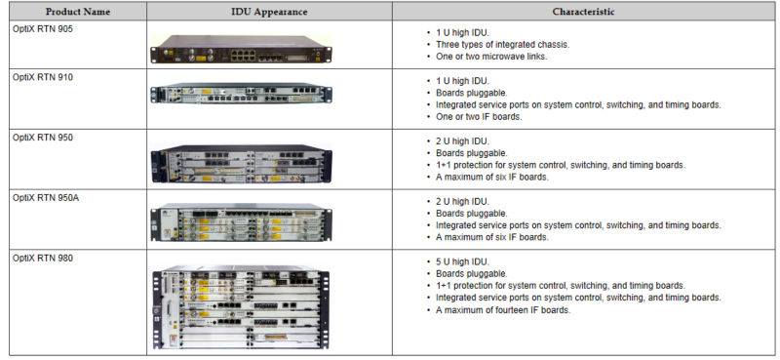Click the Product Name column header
tap(77, 12)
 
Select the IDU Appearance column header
tap(269, 12)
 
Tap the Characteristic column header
tap(583, 12)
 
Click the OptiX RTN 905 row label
tap(42, 29)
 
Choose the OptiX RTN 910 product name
tap(42, 77)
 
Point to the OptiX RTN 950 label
tap(42, 138)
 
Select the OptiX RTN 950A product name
tap(46, 198)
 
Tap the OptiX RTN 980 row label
tap(42, 258)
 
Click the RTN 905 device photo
tap(241, 49)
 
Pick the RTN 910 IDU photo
tap(241, 94)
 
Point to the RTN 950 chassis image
tap(241, 163)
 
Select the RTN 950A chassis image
tap(241, 222)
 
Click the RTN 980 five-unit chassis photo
tap(241, 307)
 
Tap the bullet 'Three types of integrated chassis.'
tap(502, 44)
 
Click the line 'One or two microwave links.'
tap(491, 57)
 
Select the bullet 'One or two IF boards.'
tap(479, 117)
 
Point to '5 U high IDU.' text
tap(462, 261)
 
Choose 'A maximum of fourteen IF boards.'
tap(503, 309)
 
